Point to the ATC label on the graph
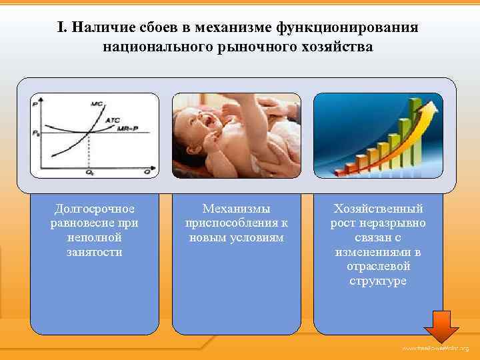pyautogui.click(x=113, y=120)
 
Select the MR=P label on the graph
pyautogui.click(x=129, y=127)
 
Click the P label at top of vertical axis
pyautogui.click(x=35, y=104)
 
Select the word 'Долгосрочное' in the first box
pyautogui.click(x=94, y=210)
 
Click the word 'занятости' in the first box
pyautogui.click(x=94, y=252)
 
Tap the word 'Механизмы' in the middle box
pyautogui.click(x=236, y=210)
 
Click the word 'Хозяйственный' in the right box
pyautogui.click(x=378, y=210)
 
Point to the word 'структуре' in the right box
pyautogui.click(x=378, y=281)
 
